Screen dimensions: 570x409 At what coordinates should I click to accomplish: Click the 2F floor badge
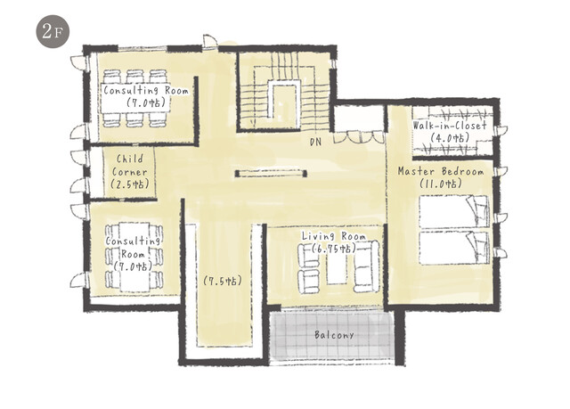pyautogui.click(x=53, y=31)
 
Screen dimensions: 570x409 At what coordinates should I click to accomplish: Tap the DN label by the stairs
pyautogui.click(x=315, y=142)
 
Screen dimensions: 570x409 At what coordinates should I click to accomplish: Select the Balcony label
pyautogui.click(x=334, y=334)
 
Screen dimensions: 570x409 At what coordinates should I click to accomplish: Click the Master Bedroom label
pyautogui.click(x=441, y=171)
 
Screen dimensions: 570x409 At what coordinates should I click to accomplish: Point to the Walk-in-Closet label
pyautogui.click(x=450, y=126)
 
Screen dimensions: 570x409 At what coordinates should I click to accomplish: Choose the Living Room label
pyautogui.click(x=334, y=236)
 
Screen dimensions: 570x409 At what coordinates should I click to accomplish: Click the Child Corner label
pyautogui.click(x=130, y=166)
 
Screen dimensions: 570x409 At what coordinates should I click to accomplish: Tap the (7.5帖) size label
pyautogui.click(x=223, y=281)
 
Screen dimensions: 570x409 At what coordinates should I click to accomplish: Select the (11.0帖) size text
pyautogui.click(x=441, y=184)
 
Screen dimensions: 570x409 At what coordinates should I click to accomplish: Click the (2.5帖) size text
pyautogui.click(x=130, y=184)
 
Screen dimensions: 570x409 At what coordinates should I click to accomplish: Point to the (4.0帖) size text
pyautogui.click(x=450, y=138)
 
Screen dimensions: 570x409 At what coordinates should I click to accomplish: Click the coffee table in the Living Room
pyautogui.click(x=337, y=268)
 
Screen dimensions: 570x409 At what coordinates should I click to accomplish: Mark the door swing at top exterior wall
pyautogui.click(x=210, y=41)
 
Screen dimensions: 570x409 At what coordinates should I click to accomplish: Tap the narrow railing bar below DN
pyautogui.click(x=271, y=174)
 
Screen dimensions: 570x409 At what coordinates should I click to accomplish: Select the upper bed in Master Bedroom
pyautogui.click(x=454, y=211)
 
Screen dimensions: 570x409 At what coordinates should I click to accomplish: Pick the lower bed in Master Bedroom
pyautogui.click(x=454, y=248)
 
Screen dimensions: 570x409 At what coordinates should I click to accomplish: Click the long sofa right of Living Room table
pyautogui.click(x=366, y=266)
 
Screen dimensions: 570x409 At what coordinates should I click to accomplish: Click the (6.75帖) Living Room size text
pyautogui.click(x=334, y=249)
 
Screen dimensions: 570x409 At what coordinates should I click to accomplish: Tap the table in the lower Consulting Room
pyautogui.click(x=134, y=257)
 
